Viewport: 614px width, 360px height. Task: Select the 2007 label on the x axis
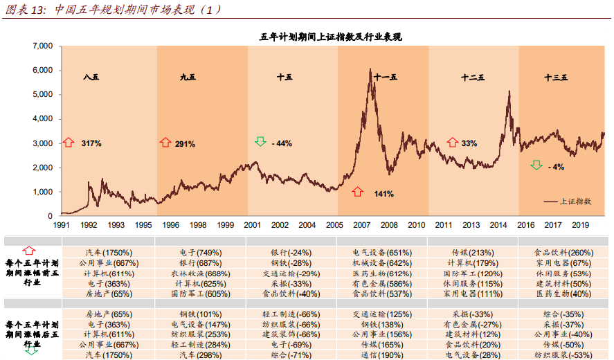click(x=361, y=225)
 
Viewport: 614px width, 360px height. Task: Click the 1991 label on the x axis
click(x=62, y=225)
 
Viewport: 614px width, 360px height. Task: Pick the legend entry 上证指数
click(x=575, y=201)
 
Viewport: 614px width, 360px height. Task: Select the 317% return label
click(x=91, y=143)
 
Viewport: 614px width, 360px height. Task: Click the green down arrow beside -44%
click(x=260, y=142)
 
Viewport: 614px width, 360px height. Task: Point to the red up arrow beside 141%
click(x=357, y=192)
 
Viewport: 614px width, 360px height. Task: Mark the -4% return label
click(x=556, y=167)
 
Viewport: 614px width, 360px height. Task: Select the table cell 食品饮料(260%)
click(x=563, y=253)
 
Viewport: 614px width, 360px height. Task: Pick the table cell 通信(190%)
click(x=381, y=354)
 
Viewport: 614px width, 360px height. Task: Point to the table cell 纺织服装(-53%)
click(x=563, y=354)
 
